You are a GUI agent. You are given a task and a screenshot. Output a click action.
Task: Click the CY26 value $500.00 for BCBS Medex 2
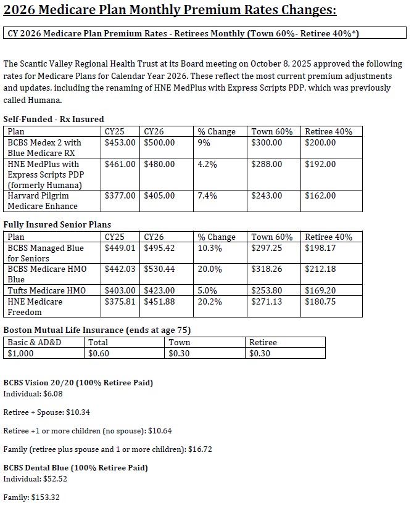(x=159, y=142)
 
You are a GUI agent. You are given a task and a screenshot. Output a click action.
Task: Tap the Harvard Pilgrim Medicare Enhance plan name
(x=43, y=201)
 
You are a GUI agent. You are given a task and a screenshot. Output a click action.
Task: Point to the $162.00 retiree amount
(x=320, y=196)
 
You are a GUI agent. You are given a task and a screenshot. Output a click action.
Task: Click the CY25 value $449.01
(x=120, y=248)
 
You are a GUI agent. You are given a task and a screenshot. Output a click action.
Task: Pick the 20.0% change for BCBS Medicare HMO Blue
(x=209, y=269)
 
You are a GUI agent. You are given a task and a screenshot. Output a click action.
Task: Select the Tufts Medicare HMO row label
(x=46, y=290)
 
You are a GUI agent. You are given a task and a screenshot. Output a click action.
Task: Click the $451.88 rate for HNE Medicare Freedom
(x=159, y=301)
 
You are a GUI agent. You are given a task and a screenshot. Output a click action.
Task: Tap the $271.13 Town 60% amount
(x=267, y=301)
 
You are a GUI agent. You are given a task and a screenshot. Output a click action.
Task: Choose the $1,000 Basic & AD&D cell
(x=22, y=353)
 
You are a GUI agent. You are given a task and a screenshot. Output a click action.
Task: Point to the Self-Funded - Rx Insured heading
(x=54, y=119)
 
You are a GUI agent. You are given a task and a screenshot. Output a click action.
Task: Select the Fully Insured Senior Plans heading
(x=57, y=224)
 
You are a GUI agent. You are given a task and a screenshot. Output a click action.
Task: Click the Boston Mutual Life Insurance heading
(x=96, y=330)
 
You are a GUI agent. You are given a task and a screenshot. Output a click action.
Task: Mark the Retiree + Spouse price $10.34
(x=80, y=412)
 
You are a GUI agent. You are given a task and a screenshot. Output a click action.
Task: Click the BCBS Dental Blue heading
(x=75, y=468)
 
